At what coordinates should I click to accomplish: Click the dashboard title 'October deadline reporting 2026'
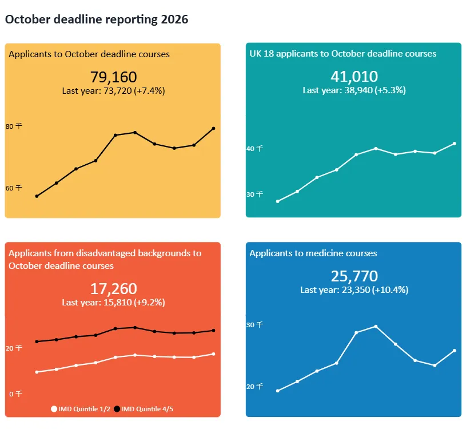[96, 19]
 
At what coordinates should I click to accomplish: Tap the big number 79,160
[113, 77]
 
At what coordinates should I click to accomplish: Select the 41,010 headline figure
[354, 77]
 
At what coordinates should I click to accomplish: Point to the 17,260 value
[113, 289]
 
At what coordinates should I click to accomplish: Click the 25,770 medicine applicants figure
[354, 276]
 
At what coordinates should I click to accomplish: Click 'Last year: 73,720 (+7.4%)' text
[113, 90]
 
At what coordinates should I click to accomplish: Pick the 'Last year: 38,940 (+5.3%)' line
[354, 90]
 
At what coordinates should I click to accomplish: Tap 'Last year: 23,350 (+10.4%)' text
[354, 290]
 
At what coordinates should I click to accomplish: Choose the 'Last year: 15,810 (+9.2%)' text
[113, 302]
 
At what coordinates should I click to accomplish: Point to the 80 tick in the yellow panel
[13, 126]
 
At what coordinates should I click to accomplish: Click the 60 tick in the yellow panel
[13, 188]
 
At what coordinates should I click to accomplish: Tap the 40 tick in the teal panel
[254, 149]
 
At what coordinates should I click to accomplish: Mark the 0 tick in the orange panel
[15, 394]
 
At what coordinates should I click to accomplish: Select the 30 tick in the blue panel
[254, 325]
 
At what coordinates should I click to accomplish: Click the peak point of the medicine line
[376, 326]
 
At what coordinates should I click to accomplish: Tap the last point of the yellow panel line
[214, 128]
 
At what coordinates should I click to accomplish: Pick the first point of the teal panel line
[278, 201]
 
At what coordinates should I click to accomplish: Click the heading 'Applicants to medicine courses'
[313, 253]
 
